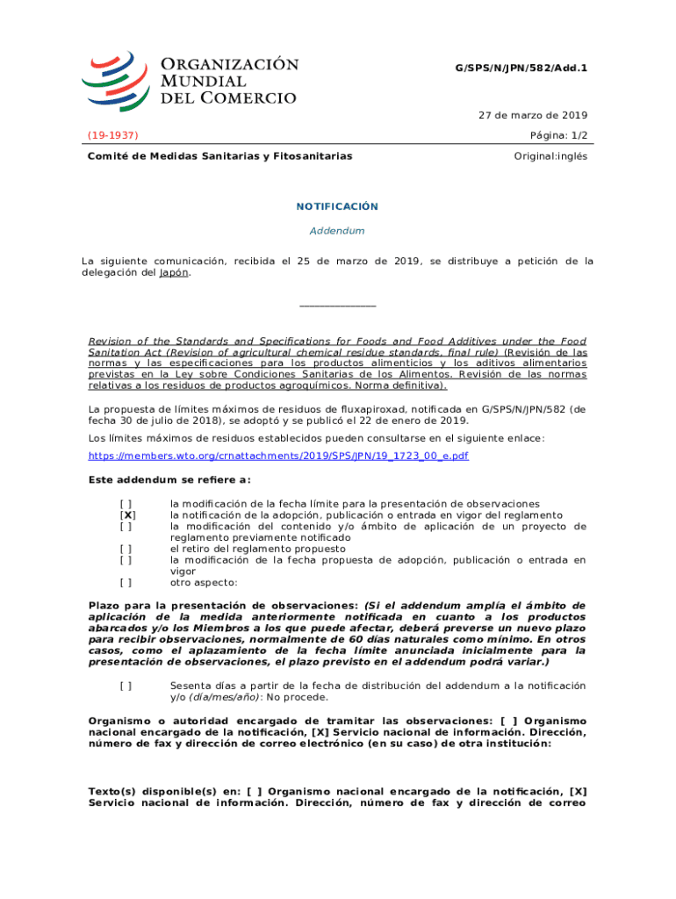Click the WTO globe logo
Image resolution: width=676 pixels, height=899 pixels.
[114, 80]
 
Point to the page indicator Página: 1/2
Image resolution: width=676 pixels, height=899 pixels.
[557, 135]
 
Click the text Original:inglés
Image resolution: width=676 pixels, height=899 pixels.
[550, 156]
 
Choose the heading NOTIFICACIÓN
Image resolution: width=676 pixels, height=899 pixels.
[337, 207]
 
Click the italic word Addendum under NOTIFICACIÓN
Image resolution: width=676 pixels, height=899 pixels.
[337, 231]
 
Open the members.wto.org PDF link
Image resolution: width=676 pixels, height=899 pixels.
[278, 457]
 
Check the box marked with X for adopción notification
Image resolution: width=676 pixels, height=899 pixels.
[127, 515]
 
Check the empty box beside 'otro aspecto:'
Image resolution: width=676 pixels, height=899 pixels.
[127, 581]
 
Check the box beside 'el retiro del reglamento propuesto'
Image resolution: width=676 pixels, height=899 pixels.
[127, 549]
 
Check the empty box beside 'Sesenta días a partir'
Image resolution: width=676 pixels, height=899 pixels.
[127, 686]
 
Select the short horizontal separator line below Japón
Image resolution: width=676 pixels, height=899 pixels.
[337, 306]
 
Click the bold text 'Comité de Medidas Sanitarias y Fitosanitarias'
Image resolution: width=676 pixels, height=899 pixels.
[219, 156]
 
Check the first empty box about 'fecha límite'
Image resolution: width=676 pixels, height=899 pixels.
[127, 504]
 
